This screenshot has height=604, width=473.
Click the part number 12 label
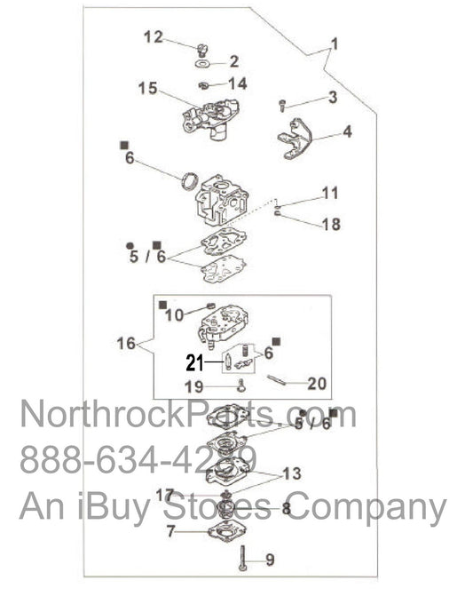click(153, 36)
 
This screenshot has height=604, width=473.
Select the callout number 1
click(335, 44)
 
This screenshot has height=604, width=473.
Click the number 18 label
click(330, 224)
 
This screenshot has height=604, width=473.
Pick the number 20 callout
click(317, 384)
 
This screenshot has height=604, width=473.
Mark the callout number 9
click(270, 560)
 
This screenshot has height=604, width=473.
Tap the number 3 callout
click(332, 97)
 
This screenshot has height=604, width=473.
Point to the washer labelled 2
click(204, 64)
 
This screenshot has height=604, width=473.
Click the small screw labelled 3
click(282, 105)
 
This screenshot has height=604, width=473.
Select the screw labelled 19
click(241, 385)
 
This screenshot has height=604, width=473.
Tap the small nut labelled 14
click(205, 84)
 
